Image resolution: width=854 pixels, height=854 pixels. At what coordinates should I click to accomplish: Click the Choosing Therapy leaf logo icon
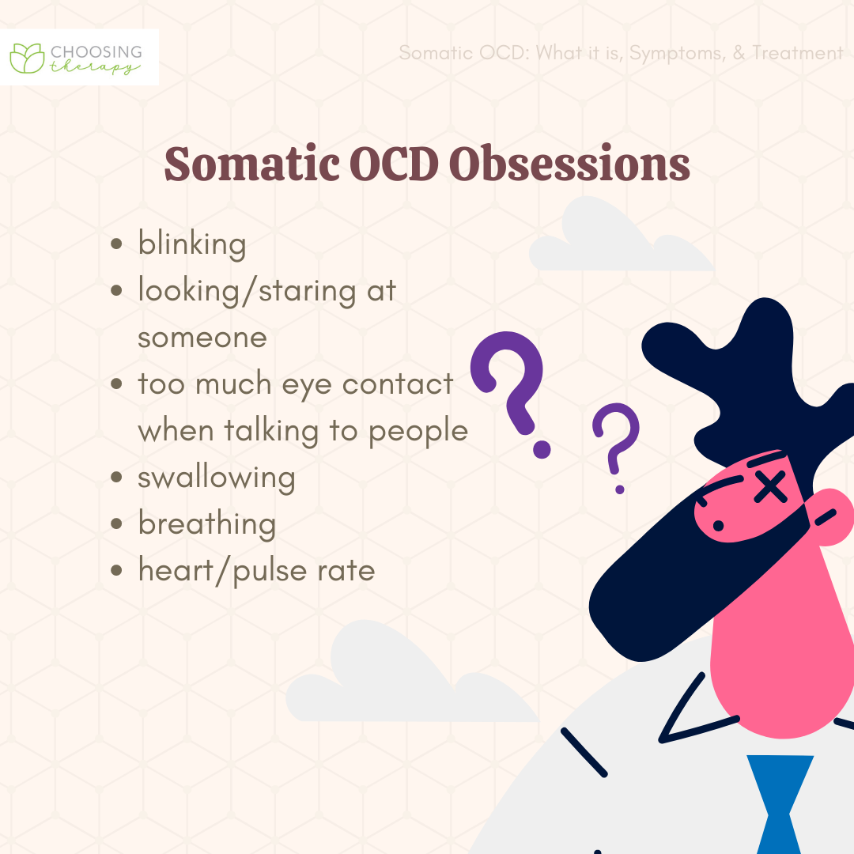pyautogui.click(x=27, y=58)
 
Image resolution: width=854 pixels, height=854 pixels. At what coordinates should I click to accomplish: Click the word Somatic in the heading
pyautogui.click(x=251, y=164)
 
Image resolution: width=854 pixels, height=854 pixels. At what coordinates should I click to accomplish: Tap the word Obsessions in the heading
pyautogui.click(x=569, y=164)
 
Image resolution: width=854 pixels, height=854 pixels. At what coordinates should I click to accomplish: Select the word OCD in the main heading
pyautogui.click(x=394, y=164)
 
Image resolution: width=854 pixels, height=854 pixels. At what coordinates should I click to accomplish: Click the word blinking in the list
pyautogui.click(x=191, y=244)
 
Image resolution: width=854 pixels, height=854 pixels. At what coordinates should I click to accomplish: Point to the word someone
pyautogui.click(x=202, y=338)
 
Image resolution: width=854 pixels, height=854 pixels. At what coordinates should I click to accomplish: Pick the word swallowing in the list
pyautogui.click(x=216, y=478)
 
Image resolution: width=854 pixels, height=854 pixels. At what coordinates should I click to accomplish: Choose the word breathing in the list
pyautogui.click(x=207, y=524)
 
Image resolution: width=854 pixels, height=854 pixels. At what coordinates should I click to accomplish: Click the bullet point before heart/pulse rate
pyautogui.click(x=116, y=570)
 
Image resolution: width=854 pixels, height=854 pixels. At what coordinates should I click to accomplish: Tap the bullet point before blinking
pyautogui.click(x=116, y=244)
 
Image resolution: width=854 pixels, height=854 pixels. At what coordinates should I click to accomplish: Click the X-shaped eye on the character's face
pyautogui.click(x=770, y=486)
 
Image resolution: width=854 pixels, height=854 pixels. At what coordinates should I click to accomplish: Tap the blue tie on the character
pyautogui.click(x=780, y=804)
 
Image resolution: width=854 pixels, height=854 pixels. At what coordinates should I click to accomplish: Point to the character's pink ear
pyautogui.click(x=832, y=517)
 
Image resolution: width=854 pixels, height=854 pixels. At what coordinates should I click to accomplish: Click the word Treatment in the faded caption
pyautogui.click(x=797, y=53)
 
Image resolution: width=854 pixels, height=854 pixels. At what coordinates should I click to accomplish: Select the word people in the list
pyautogui.click(x=418, y=433)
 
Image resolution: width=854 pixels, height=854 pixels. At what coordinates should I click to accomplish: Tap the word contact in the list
pyautogui.click(x=398, y=384)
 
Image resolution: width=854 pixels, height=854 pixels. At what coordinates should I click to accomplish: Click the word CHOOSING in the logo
pyautogui.click(x=96, y=52)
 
